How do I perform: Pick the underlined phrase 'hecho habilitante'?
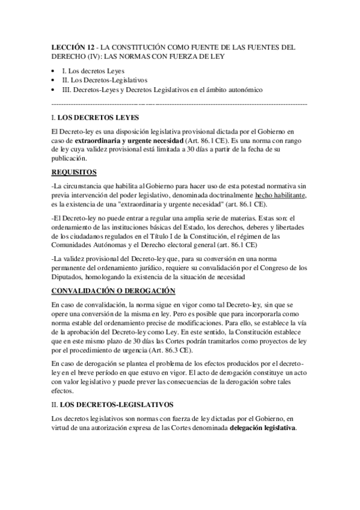(281, 196)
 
